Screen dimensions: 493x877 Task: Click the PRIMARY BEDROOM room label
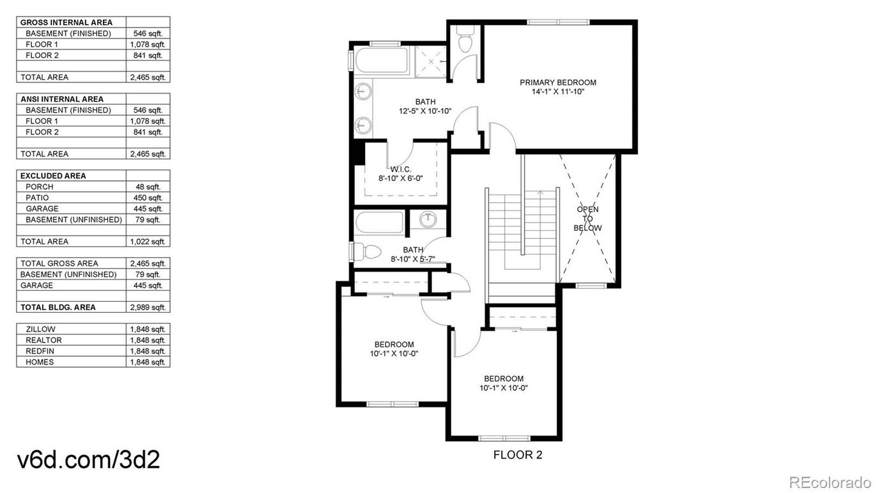click(x=557, y=82)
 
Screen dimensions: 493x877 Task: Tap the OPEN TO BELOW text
click(x=587, y=219)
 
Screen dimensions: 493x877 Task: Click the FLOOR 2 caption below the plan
click(x=518, y=455)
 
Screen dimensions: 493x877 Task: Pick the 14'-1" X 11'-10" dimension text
click(x=557, y=92)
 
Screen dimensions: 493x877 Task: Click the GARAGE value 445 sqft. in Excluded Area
click(x=148, y=208)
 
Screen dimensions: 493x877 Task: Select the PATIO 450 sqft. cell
click(x=148, y=198)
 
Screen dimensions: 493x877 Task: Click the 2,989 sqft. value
click(x=148, y=307)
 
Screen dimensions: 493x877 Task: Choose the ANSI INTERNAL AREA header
click(x=62, y=99)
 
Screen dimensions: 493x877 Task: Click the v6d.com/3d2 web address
click(x=88, y=460)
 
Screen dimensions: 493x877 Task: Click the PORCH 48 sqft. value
click(x=148, y=187)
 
